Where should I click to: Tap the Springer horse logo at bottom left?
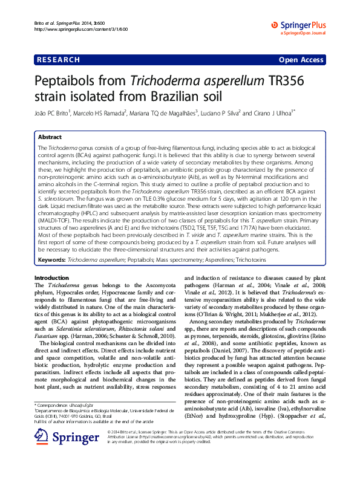(x=61, y=436)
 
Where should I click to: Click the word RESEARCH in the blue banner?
(x=58, y=60)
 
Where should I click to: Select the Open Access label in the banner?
(x=301, y=60)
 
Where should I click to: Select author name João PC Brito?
(x=53, y=113)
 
